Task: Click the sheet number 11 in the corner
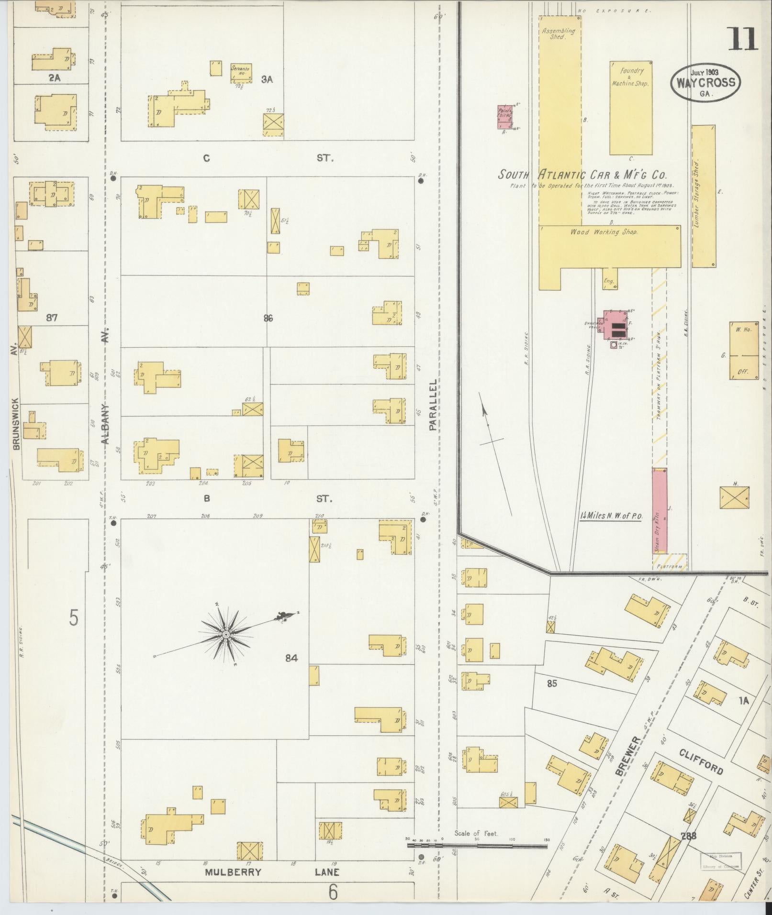743,39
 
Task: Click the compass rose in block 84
225,634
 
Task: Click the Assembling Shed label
558,33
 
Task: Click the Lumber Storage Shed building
704,196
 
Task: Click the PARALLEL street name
433,405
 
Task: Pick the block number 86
268,318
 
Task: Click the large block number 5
73,617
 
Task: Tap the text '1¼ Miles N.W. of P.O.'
611,516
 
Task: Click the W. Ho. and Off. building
744,350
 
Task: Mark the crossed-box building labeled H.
734,497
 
